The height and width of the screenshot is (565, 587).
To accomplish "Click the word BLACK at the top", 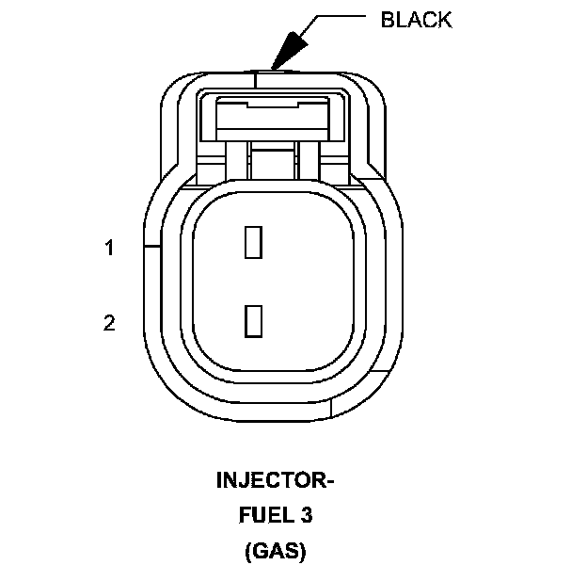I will click(x=416, y=19).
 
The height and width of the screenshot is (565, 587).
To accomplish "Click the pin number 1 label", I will click(x=109, y=248).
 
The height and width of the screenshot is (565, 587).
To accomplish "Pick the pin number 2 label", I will click(x=109, y=323).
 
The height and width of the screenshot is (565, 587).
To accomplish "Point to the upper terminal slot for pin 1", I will click(x=251, y=242).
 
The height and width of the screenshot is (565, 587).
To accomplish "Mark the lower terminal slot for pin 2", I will click(x=251, y=321).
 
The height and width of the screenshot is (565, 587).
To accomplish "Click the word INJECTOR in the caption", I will click(x=269, y=481).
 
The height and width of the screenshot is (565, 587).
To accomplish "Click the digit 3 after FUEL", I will click(x=307, y=515).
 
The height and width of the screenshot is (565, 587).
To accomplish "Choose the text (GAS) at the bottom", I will click(x=276, y=550).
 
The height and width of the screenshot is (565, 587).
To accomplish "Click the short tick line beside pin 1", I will click(x=151, y=248).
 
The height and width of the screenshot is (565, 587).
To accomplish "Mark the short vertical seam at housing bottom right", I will click(x=335, y=407).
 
